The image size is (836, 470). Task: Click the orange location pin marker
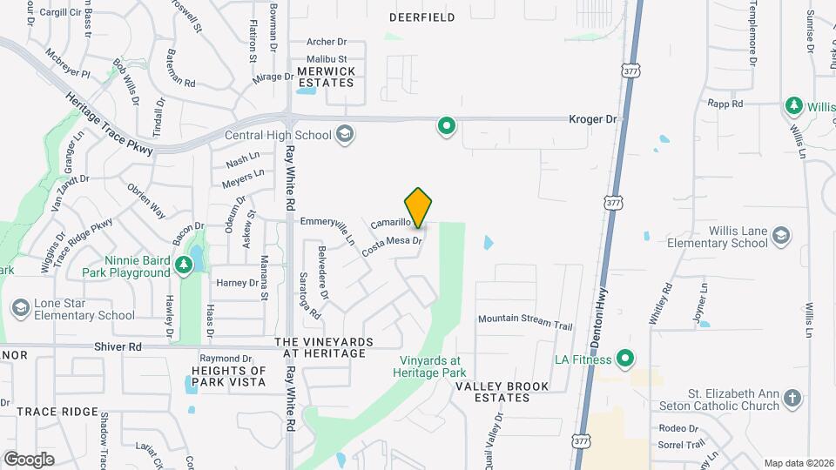click(x=419, y=207)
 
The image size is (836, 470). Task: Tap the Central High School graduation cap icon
click(x=345, y=134)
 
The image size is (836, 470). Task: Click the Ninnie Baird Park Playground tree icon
click(x=184, y=265)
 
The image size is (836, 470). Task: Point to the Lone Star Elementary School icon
click(x=20, y=307)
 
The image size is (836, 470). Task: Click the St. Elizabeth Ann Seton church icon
click(x=792, y=399)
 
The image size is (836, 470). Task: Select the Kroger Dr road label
click(x=592, y=118)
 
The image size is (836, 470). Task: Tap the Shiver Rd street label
click(x=118, y=346)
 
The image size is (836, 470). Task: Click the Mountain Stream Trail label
click(x=524, y=321)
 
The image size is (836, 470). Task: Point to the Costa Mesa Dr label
click(x=393, y=246)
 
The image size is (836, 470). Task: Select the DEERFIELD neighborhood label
click(x=421, y=17)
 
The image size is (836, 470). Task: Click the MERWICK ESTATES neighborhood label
click(x=326, y=77)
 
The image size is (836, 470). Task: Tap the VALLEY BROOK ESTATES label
click(x=502, y=392)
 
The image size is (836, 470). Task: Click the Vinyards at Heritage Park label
click(x=434, y=366)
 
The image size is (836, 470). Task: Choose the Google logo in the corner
click(x=29, y=459)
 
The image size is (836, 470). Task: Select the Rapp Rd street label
click(x=725, y=104)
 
